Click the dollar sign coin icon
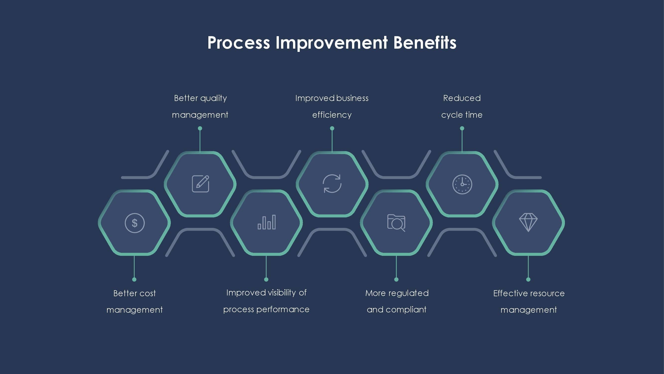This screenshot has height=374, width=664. coord(134,223)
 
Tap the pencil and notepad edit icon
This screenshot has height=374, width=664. coord(200,184)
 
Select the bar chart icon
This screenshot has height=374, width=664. coord(267,222)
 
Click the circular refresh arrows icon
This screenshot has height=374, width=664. coord(332,184)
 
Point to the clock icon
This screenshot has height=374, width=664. coord(462,184)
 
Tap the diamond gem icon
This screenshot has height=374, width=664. coord(528,222)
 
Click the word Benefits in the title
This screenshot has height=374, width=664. coord(425,43)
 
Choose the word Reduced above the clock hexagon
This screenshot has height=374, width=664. coord(462,98)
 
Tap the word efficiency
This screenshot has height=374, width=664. coord(332,115)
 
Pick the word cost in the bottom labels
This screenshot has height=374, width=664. coord(147,293)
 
